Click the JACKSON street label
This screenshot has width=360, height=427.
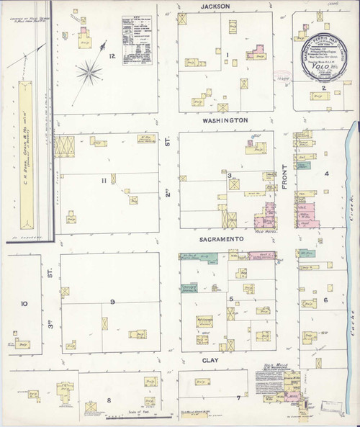coord(215,6)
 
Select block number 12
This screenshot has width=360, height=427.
coord(112,55)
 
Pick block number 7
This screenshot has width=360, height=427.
coord(238,397)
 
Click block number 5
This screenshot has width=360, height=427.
coord(231,297)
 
